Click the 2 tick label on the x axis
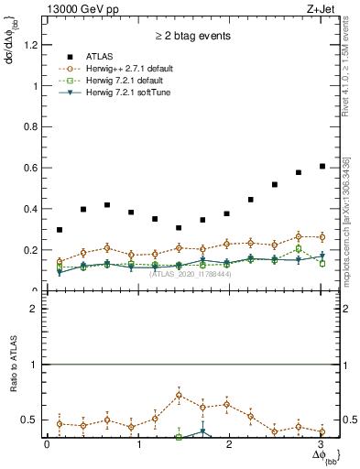coord(231,446)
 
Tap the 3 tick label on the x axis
coord(322,446)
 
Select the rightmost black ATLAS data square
coord(322,166)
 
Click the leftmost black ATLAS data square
coord(60,230)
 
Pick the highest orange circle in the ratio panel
coord(179,396)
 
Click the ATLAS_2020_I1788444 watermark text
coord(191,274)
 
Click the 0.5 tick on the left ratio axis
coord(33,420)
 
